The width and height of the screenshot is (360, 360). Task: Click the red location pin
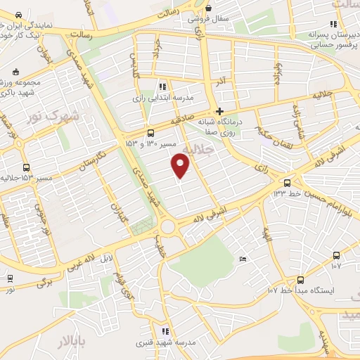pos(181,166)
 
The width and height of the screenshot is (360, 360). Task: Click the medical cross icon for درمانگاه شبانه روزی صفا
pos(220,111)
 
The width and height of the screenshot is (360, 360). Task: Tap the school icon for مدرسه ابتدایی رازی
pos(163,86)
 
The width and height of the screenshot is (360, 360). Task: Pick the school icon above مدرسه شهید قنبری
pos(165,331)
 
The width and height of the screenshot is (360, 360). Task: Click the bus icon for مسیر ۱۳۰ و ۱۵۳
pos(151,134)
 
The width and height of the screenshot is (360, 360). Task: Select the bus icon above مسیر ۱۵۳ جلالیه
pos(27,167)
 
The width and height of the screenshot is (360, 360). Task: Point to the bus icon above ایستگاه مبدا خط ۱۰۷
pos(301,279)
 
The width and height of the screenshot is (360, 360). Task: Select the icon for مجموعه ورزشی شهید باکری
pos(15,72)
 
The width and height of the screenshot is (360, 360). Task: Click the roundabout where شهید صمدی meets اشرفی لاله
pos(167,227)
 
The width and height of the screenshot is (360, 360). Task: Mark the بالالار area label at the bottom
pos(70,342)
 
